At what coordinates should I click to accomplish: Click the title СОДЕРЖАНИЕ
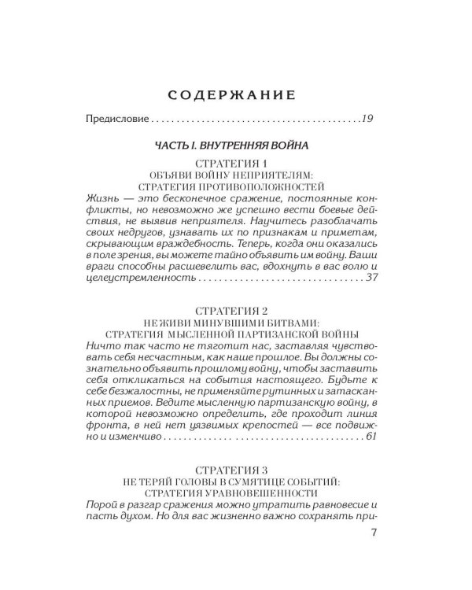click(x=232, y=95)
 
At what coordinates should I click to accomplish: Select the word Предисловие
click(x=116, y=120)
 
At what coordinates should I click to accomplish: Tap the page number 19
click(x=367, y=120)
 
